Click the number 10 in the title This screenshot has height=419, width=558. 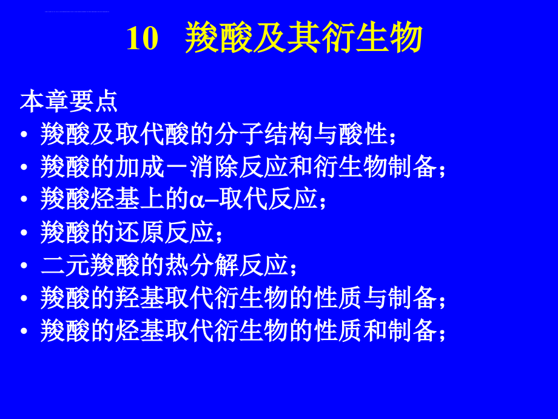point(143,38)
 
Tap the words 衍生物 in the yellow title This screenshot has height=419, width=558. point(372,38)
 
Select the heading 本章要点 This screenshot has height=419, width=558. point(69,101)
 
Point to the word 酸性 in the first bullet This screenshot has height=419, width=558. point(363,134)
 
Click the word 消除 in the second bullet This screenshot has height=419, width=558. point(214,167)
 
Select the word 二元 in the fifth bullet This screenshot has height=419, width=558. point(65,265)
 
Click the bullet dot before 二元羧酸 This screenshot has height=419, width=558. point(24,265)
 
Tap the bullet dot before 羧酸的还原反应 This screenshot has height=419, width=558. point(24,233)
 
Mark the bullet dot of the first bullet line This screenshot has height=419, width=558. point(24,134)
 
